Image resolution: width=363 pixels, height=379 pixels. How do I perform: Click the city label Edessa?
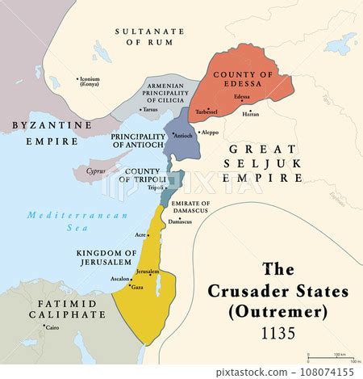point(241,97)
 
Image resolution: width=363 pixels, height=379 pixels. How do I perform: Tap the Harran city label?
point(251,115)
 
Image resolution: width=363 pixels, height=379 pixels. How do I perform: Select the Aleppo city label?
point(209,131)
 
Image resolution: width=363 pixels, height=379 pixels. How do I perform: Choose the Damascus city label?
point(181,221)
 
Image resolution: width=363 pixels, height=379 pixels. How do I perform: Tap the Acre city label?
point(142,234)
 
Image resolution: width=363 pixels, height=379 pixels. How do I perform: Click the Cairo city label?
point(51,329)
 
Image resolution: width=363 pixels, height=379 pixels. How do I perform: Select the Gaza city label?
point(137,287)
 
